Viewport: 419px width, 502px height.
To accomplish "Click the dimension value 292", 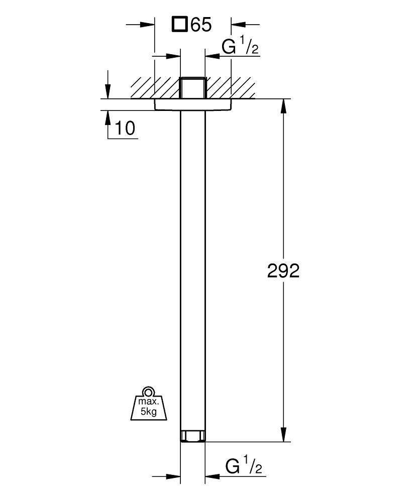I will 283,271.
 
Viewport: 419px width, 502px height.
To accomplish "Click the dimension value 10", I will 125,129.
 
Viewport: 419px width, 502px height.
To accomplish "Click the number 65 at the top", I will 201,24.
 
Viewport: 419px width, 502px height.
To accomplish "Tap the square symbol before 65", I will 179,24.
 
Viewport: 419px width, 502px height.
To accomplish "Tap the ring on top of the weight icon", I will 148,392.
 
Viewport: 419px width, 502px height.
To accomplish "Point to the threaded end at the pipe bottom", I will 192,436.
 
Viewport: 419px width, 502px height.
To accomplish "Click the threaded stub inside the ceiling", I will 192,88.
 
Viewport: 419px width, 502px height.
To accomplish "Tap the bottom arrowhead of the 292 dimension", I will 284,434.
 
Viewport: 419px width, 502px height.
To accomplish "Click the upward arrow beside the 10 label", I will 108,118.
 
